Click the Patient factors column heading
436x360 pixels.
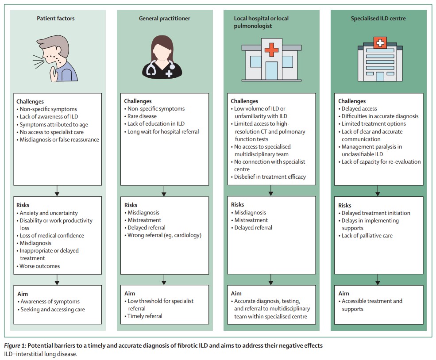click(x=56, y=19)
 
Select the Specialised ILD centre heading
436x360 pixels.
click(x=378, y=19)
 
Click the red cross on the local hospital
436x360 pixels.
click(x=271, y=50)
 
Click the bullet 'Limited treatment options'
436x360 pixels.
click(x=374, y=124)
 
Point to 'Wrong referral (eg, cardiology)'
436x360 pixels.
click(x=164, y=235)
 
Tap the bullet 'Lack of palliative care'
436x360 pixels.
click(x=367, y=236)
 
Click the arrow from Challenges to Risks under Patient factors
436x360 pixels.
click(x=57, y=191)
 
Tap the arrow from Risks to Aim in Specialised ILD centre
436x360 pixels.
click(x=378, y=280)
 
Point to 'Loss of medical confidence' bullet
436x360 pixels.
click(x=52, y=236)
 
